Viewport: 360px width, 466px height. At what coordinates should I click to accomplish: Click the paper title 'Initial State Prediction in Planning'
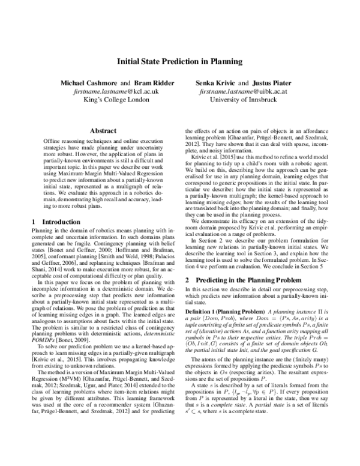pos(180,61)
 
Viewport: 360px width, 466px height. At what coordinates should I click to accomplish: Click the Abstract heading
pos(103,130)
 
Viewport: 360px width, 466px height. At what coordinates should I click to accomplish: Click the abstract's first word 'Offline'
pos(51,139)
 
